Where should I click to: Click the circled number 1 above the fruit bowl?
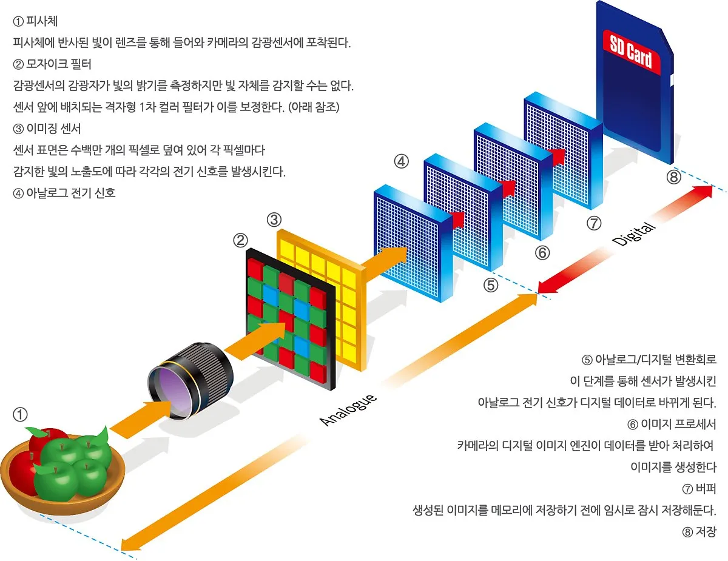[x=20, y=415]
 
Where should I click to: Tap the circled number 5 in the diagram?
[x=491, y=284]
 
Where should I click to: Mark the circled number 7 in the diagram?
[x=594, y=223]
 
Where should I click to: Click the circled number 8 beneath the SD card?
[x=674, y=177]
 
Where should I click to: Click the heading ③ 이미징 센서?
[x=47, y=129]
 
